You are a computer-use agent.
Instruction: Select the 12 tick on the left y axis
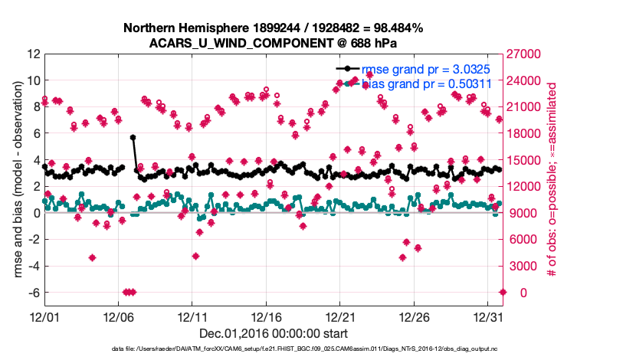[33, 54]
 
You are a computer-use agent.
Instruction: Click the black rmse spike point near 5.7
[133, 137]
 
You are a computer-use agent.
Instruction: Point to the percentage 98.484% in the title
[396, 28]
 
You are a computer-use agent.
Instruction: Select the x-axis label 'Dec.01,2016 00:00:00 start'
[273, 333]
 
